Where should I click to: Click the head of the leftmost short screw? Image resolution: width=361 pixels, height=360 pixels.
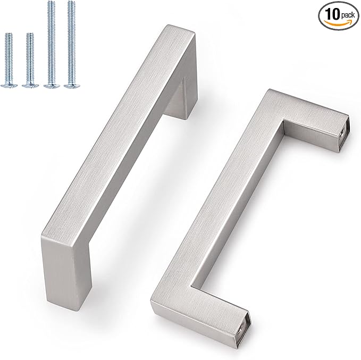[x=10, y=85]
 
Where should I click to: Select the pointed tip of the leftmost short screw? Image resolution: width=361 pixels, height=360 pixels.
[x=9, y=35]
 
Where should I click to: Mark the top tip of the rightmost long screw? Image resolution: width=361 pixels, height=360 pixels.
[x=69, y=3]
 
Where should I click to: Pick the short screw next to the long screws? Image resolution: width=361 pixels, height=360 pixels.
[x=30, y=58]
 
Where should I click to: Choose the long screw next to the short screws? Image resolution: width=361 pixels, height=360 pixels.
[x=51, y=43]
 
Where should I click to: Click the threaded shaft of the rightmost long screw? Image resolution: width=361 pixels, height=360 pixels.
[x=70, y=43]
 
